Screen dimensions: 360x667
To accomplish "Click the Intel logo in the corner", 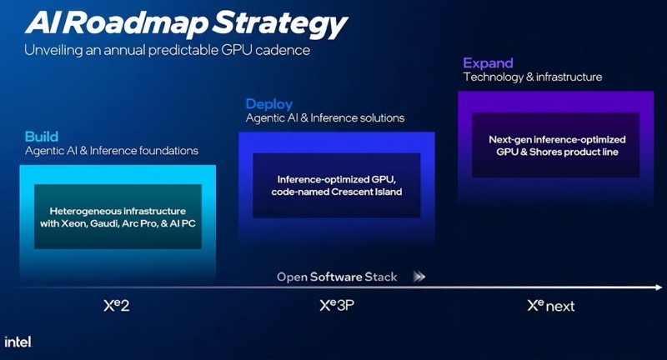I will (18, 342).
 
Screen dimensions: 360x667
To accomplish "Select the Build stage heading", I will (42, 137).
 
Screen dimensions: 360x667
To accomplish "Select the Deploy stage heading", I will (268, 104).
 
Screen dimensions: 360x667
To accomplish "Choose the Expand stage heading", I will (489, 63).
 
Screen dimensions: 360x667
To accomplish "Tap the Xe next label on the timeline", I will (551, 305).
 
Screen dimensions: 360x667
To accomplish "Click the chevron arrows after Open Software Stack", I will (419, 277).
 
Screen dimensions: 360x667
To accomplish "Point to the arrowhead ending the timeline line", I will (657, 287).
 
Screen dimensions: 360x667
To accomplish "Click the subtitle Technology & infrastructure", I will (533, 77).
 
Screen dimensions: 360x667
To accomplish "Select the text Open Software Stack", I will (337, 277).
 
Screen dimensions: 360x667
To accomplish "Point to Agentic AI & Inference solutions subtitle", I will (324, 118).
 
